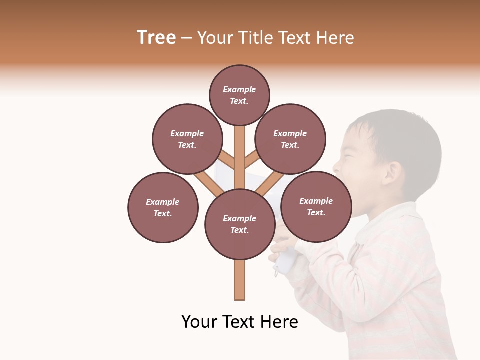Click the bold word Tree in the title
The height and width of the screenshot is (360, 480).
pyautogui.click(x=156, y=38)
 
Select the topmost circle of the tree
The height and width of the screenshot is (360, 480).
pyautogui.click(x=239, y=95)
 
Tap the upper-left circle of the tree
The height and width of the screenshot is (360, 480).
pyautogui.click(x=187, y=139)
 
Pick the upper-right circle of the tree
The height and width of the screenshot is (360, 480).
pyautogui.click(x=290, y=139)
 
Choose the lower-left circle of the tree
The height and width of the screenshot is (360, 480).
pyautogui.click(x=163, y=207)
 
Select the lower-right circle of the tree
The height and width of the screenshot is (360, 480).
pyautogui.click(x=316, y=206)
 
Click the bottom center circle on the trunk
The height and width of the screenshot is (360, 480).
pyautogui.click(x=240, y=224)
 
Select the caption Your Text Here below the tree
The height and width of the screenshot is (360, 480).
pyautogui.click(x=239, y=322)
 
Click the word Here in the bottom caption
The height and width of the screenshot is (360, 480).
pyautogui.click(x=279, y=322)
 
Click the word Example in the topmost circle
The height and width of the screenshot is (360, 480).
pyautogui.click(x=239, y=89)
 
